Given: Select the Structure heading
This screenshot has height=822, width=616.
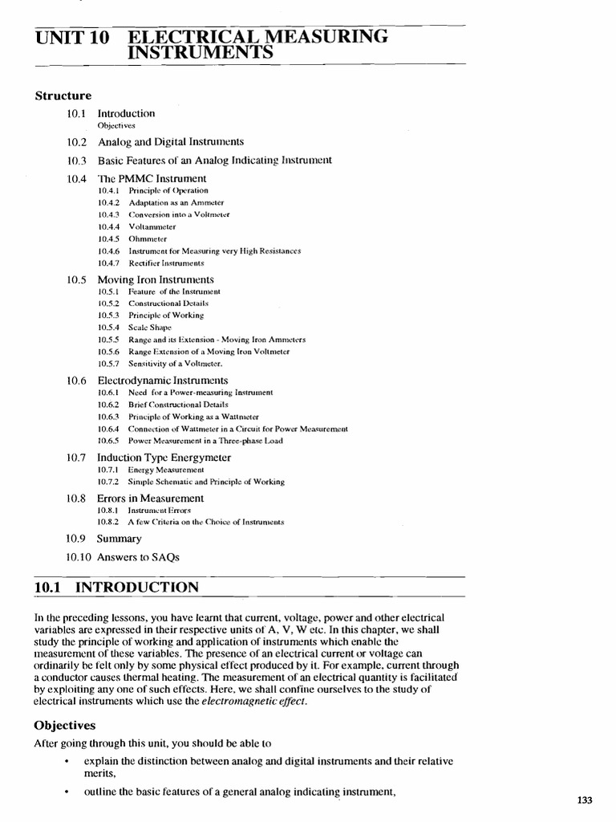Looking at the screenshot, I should point(63,96).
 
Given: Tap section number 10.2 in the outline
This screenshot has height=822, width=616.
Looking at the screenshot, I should point(76,142).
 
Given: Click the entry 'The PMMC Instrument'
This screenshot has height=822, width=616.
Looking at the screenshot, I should point(152,178).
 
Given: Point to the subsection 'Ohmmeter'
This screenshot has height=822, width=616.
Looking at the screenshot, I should point(148,238).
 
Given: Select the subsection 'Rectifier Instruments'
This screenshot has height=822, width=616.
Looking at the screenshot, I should point(166,262).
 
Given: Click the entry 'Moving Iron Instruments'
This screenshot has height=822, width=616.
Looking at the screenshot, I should point(156,279).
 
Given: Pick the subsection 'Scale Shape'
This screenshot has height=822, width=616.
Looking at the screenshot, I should point(150,328).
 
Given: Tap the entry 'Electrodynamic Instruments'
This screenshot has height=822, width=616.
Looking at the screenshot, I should point(163,380).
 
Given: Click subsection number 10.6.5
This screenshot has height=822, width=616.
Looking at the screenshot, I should point(108,441).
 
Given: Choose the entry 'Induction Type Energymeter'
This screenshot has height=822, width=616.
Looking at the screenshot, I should point(164,458).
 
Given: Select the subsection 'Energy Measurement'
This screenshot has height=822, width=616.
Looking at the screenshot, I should point(166,470).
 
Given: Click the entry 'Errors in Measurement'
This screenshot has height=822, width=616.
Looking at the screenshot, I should point(151,498).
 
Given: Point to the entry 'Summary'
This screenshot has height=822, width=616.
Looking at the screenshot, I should point(120,539).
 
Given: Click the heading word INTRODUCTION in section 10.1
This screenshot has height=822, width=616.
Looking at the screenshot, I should point(136,588).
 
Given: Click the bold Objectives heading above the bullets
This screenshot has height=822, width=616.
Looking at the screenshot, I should point(65,725).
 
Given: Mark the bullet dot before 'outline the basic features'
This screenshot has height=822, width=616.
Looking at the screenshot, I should point(67,793).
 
